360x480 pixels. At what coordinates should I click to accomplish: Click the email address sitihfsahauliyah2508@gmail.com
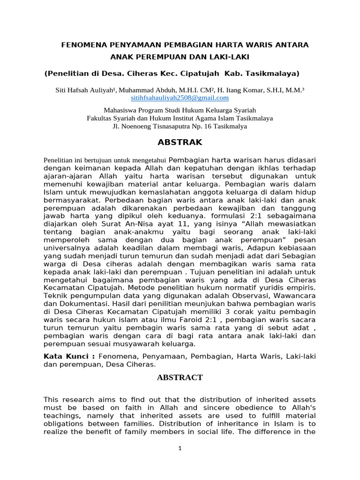180,98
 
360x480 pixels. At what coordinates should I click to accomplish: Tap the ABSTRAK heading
180,142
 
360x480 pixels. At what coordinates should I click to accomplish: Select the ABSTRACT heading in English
180,377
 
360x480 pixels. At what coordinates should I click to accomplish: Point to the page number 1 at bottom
180,448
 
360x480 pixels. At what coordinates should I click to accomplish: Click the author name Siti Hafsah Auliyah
86,90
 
